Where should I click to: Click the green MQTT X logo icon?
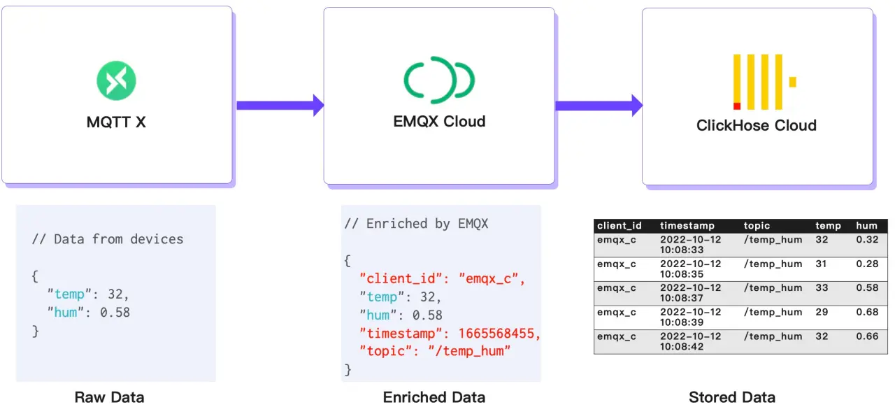click(x=116, y=80)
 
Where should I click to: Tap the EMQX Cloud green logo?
click(x=439, y=80)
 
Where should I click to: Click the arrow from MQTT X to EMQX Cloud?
click(x=280, y=105)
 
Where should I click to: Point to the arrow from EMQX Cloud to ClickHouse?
click(x=599, y=105)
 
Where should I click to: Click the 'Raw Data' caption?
click(x=109, y=397)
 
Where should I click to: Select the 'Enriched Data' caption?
click(x=434, y=397)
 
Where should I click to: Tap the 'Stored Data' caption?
click(x=731, y=397)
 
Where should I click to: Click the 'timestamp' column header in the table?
click(x=687, y=226)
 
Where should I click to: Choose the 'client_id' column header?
click(x=619, y=226)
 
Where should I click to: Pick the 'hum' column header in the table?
click(x=866, y=226)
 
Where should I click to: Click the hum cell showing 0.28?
click(x=867, y=264)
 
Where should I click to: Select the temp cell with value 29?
click(x=822, y=312)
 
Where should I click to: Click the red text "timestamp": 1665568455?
click(x=450, y=334)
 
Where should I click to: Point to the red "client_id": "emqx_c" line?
click(x=442, y=279)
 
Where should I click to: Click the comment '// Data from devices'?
click(x=108, y=239)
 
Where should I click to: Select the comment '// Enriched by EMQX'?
click(x=416, y=224)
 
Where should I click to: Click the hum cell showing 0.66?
click(x=867, y=336)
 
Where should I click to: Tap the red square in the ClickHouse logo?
click(x=737, y=106)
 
